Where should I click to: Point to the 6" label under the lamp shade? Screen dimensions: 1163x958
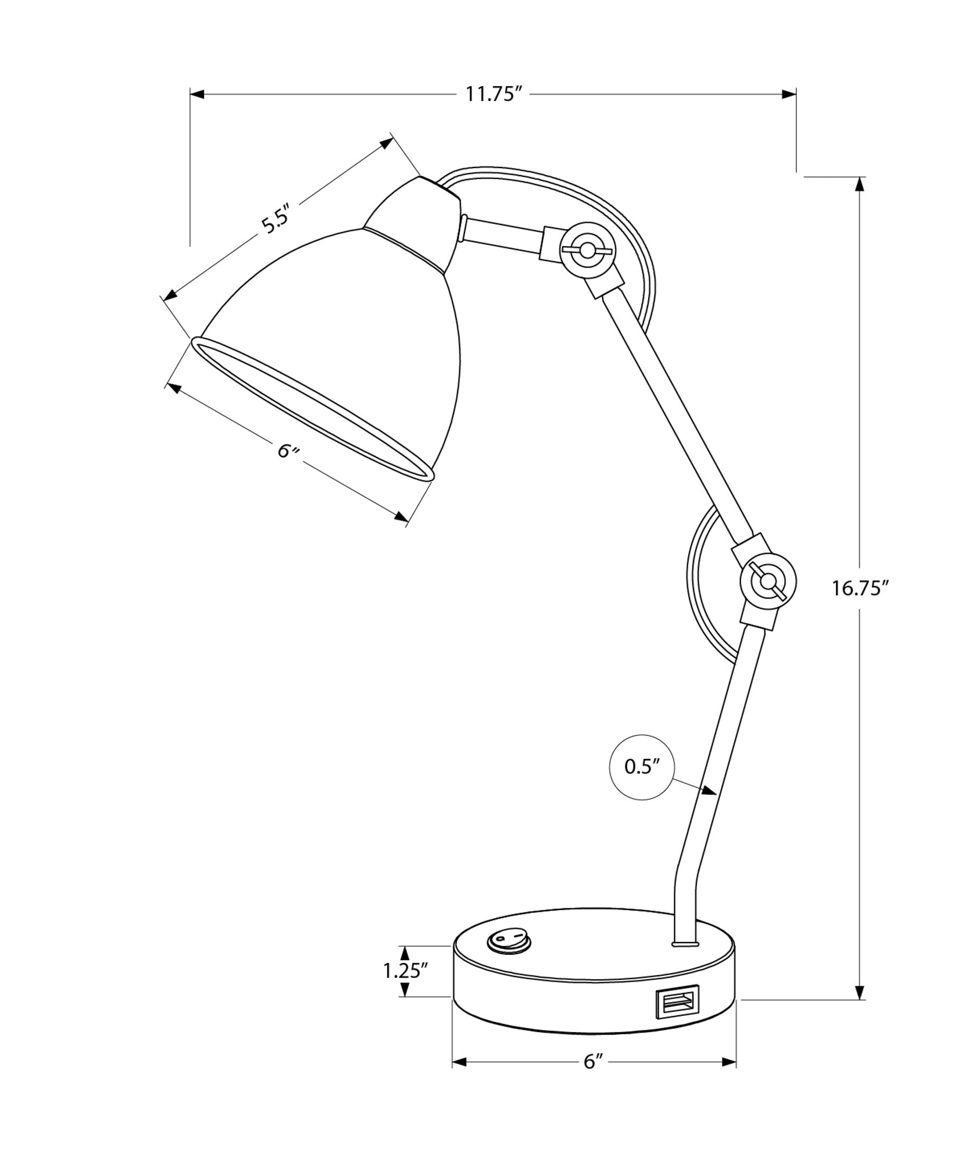click(x=288, y=451)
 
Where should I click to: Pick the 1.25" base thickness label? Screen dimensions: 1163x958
click(x=405, y=971)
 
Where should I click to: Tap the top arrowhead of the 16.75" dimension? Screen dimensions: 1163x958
click(x=860, y=183)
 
